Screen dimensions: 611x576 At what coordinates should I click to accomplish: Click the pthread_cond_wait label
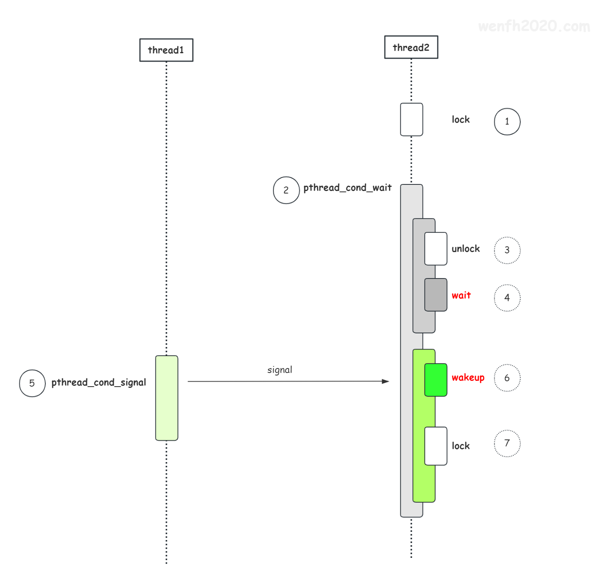tap(347, 188)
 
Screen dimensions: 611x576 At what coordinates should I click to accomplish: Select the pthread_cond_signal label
tap(99, 382)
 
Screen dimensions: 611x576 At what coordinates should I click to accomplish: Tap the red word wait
tap(461, 295)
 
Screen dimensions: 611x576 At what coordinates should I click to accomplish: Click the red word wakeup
tap(468, 378)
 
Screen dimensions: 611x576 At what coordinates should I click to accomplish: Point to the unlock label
tap(465, 248)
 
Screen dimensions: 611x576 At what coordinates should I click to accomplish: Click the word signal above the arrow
tap(280, 370)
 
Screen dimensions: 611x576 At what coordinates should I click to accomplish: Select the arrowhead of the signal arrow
tap(389, 381)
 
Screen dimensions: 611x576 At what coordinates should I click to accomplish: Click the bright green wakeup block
tap(436, 380)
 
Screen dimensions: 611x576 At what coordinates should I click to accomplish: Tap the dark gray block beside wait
tap(436, 295)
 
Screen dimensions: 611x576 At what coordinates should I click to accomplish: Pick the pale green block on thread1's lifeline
tap(167, 398)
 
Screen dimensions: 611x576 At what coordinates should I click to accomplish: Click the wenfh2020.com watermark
tap(534, 26)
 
